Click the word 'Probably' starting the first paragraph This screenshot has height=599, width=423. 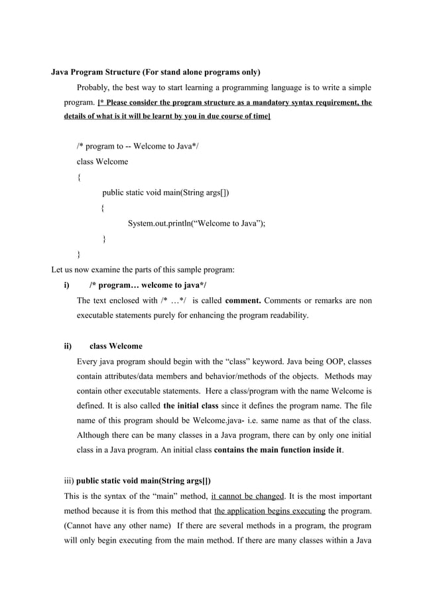pyautogui.click(x=93, y=88)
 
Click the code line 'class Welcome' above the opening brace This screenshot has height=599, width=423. pyautogui.click(x=103, y=162)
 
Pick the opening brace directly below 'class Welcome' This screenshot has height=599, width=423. pyautogui.click(x=79, y=177)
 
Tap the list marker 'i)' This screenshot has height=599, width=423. pyautogui.click(x=66, y=285)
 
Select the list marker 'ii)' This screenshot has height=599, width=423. pyautogui.click(x=67, y=346)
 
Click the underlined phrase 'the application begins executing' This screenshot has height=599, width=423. pyautogui.click(x=270, y=511)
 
